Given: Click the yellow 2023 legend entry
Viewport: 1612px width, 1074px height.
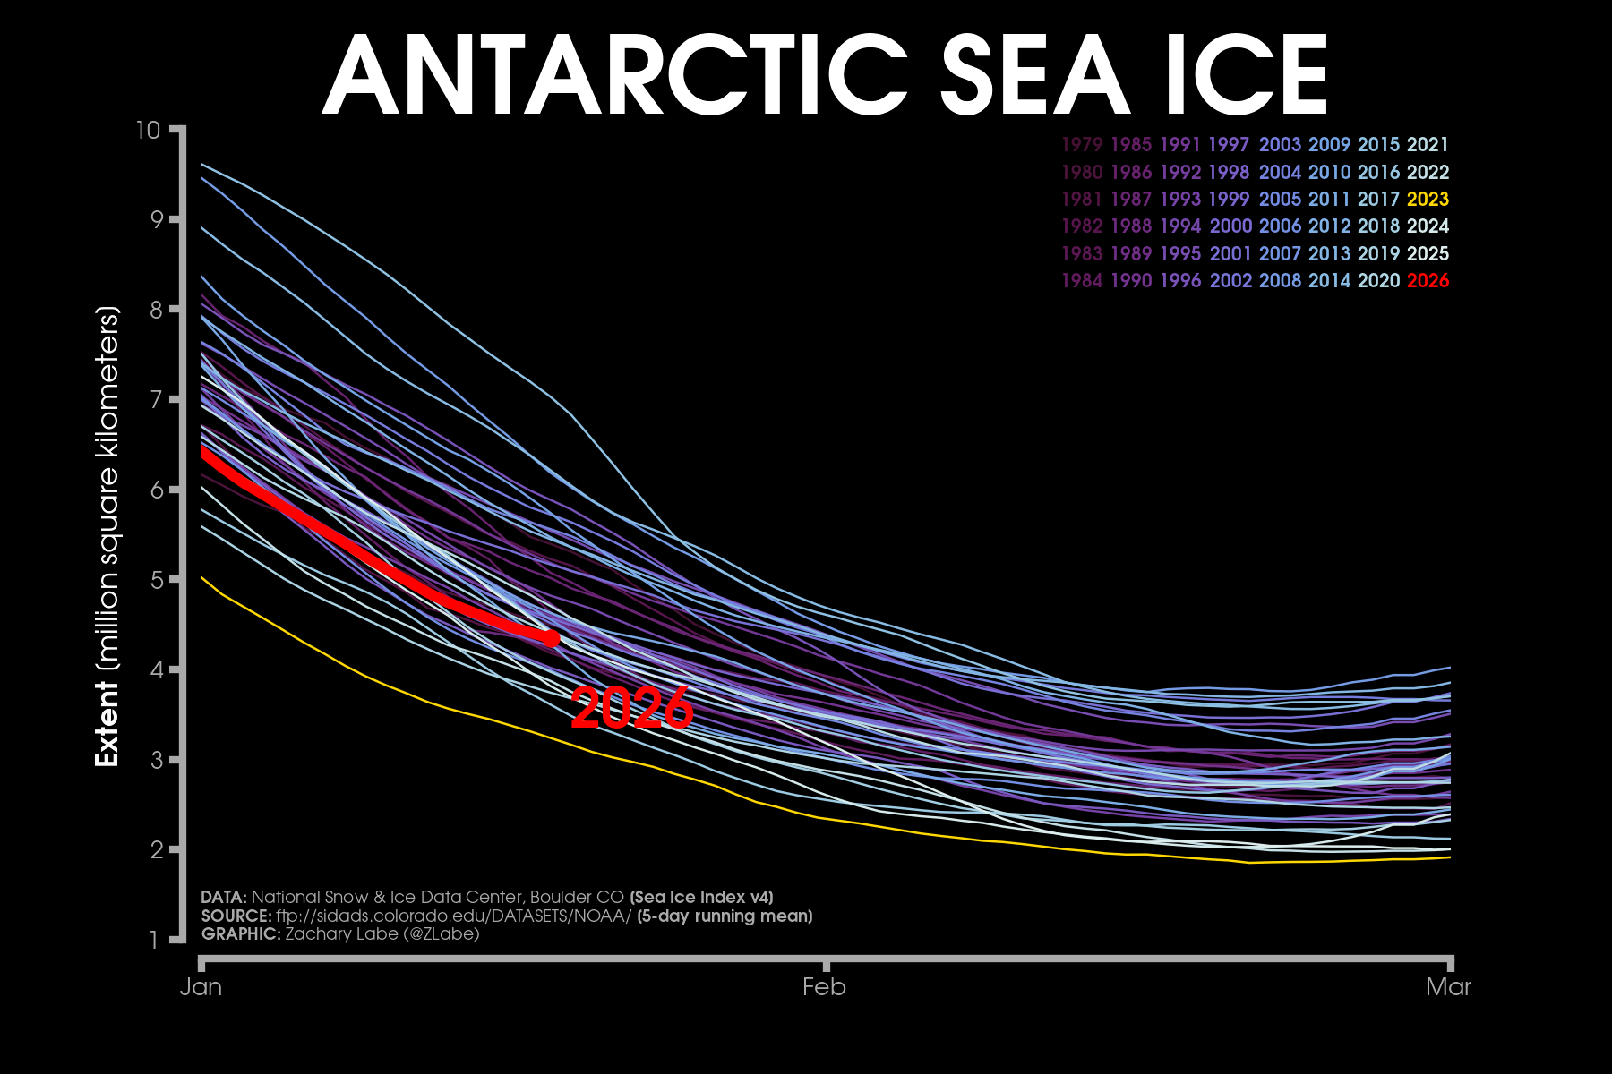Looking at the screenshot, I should click(x=1428, y=200).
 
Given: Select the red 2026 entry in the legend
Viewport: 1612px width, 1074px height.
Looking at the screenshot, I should click(x=1428, y=281).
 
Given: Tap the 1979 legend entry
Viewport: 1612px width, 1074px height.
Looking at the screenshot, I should click(x=1082, y=145).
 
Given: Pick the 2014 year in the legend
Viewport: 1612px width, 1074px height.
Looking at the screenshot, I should click(x=1329, y=281).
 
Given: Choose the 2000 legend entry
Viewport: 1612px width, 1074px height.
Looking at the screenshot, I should click(x=1230, y=226).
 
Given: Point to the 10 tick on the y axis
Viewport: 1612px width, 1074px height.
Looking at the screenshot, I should click(x=149, y=131).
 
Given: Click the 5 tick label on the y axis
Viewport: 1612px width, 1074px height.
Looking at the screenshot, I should click(x=154, y=580).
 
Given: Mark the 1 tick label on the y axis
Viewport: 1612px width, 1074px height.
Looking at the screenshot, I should click(x=154, y=940).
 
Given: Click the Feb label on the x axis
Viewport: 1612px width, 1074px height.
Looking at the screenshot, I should click(x=824, y=987).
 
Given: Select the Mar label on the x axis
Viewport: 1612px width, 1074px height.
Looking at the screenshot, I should click(x=1448, y=987).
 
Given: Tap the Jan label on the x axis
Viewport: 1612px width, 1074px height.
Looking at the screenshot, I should click(x=201, y=987).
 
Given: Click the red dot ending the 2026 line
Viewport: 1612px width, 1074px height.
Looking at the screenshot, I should click(x=552, y=638).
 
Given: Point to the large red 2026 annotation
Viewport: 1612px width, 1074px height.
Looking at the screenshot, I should click(x=631, y=709).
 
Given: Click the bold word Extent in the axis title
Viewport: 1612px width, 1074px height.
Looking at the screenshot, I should click(x=107, y=723).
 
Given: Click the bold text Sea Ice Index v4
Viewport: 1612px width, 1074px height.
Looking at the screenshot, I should click(x=701, y=897).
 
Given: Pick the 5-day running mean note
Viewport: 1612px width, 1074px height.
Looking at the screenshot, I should click(x=725, y=916).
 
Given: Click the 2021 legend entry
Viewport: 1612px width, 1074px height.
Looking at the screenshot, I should click(x=1428, y=145).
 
